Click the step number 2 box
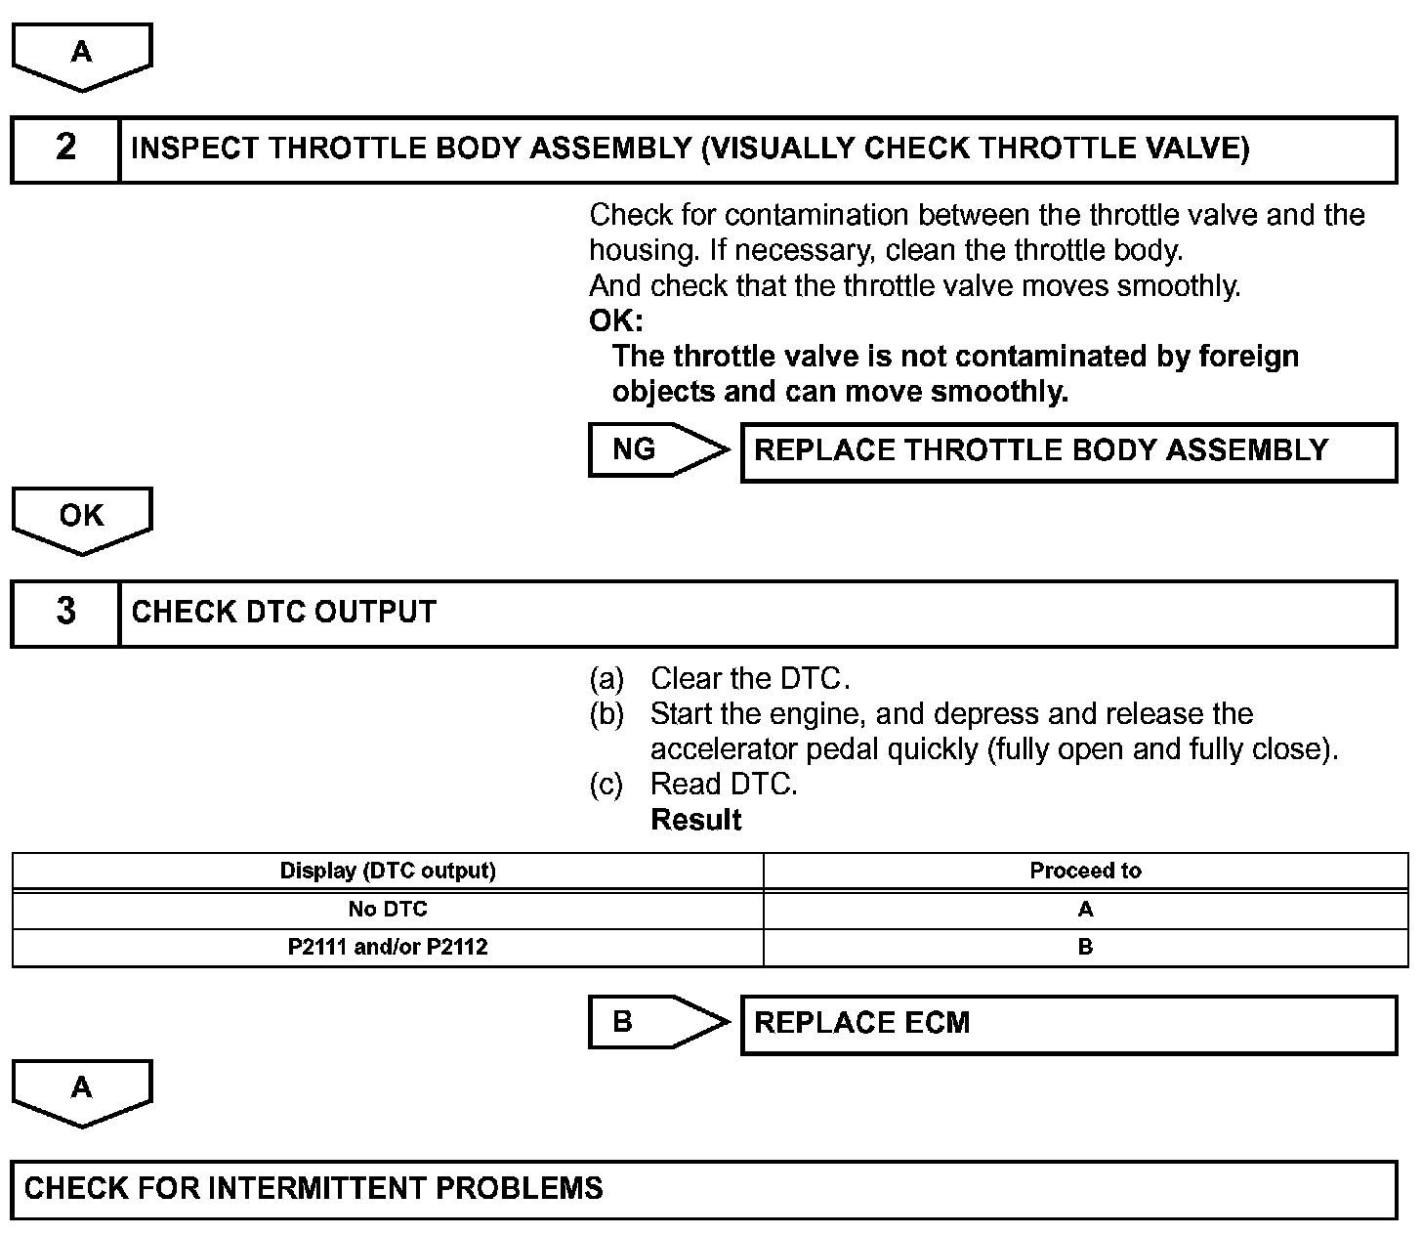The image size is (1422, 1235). coord(65,149)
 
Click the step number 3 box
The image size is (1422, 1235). coord(65,613)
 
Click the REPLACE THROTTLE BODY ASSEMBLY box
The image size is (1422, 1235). coord(1068,451)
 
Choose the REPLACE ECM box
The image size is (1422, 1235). coord(1068,1024)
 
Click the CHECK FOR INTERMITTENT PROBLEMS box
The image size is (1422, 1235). coord(703,1189)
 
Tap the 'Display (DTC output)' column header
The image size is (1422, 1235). coord(388,871)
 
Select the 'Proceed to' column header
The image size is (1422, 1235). coord(1085,871)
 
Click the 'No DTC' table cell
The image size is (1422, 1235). coord(388,910)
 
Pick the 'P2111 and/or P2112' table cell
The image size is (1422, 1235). coord(388,947)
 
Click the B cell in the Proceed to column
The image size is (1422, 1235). coord(1085,947)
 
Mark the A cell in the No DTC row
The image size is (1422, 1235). coord(1085,910)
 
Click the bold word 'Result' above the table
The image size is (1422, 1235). coord(696,820)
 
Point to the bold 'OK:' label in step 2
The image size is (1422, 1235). coord(616,320)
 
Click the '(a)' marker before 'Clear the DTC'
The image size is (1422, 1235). coord(606,678)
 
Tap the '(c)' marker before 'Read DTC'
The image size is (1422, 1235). coord(606,785)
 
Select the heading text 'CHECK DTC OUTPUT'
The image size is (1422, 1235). coord(283,613)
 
